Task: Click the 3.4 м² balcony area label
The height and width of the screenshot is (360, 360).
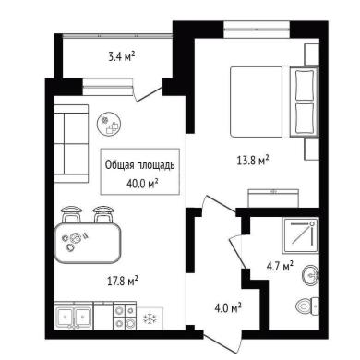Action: point(122,56)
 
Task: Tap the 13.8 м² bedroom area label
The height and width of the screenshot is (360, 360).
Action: point(253,160)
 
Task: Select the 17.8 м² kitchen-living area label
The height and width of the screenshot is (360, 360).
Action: point(123,281)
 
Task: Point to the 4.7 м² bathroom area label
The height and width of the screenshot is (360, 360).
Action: point(280,266)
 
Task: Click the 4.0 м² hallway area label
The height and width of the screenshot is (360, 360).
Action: point(228,307)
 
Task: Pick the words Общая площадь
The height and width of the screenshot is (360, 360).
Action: point(140,165)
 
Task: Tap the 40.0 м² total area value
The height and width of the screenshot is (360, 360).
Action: point(142,184)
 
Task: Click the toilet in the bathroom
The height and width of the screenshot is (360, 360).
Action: point(307,306)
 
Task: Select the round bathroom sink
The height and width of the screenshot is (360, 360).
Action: point(311,274)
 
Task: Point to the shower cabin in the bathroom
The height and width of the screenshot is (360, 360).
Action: point(300,235)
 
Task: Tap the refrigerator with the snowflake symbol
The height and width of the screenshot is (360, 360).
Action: point(150,318)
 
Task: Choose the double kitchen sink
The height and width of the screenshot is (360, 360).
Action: point(74,316)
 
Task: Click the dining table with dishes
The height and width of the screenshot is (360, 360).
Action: point(88,243)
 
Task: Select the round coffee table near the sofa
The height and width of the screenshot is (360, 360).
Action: point(109,124)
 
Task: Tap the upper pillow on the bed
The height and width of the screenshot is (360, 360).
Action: point(305,85)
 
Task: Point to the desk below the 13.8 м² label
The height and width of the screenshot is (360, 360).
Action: point(273,198)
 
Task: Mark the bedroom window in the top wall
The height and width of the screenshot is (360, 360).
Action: point(257,30)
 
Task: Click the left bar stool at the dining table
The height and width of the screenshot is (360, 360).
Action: point(72,214)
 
